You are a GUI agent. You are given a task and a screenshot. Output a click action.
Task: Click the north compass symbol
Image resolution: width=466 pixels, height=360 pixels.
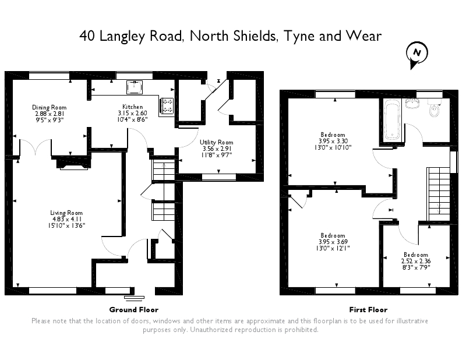pos(416,54)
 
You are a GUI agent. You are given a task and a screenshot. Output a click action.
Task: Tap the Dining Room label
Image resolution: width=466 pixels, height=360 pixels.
pos(49,107)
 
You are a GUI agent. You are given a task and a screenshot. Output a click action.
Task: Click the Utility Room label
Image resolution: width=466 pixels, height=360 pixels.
pos(216,142)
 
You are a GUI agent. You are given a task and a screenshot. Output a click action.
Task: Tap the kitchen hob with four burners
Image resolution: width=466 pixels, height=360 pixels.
pos(167,105)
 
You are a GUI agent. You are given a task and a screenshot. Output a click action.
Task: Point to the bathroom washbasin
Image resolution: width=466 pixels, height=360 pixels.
pos(413,103)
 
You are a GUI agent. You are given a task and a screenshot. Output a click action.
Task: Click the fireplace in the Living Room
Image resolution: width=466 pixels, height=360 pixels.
pos(72,164)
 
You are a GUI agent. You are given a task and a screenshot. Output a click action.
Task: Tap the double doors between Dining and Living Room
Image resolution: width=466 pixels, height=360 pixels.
pos(36,146)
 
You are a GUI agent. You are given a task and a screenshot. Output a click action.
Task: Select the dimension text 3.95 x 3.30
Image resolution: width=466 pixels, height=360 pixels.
pos(333,141)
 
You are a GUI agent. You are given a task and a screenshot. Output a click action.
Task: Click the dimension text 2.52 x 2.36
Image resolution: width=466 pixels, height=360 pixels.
pos(416,262)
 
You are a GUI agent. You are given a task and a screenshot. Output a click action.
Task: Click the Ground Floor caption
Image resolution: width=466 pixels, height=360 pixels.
pos(133,309)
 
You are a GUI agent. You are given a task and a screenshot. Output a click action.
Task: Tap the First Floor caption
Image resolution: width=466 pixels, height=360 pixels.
pos(368,309)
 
